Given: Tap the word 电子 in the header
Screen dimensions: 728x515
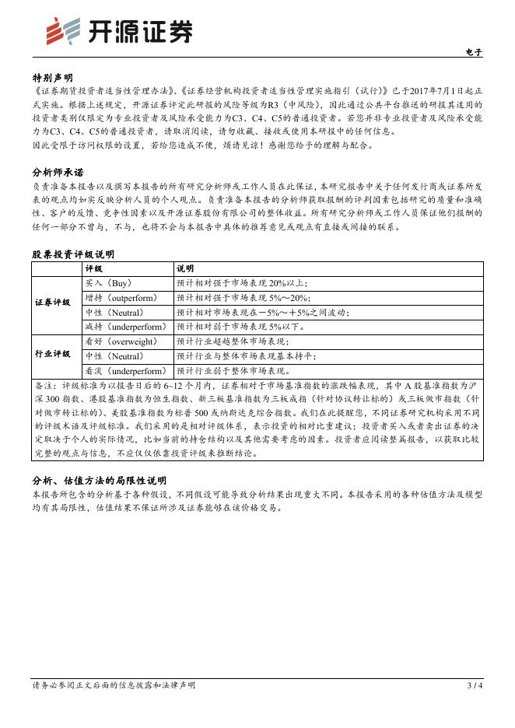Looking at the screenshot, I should [474, 53].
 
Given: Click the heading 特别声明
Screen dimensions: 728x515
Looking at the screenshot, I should [53, 79].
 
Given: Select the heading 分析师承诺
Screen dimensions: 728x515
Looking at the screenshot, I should [58, 173].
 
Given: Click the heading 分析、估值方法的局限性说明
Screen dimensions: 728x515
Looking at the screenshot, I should [99, 481].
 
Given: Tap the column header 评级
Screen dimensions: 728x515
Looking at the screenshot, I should [94, 268].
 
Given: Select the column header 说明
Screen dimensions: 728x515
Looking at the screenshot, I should [185, 268].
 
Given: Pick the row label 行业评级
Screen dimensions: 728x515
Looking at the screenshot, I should [53, 355].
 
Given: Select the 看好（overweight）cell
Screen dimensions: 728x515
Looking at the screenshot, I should [121, 341].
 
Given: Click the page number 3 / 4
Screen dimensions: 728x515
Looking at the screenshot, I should [475, 685].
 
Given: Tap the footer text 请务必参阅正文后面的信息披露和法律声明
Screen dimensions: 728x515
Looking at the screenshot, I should [114, 685].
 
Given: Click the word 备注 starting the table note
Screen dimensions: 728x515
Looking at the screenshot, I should [45, 386].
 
